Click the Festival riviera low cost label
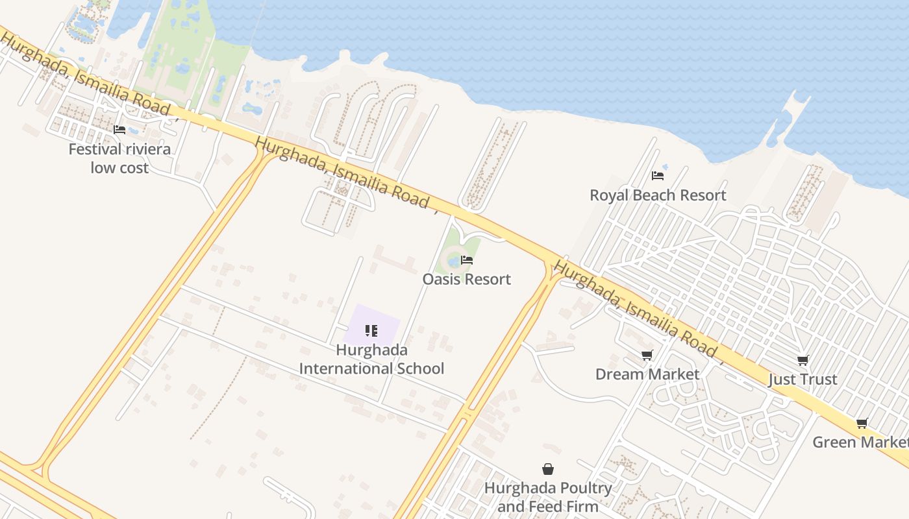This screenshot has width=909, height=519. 119,158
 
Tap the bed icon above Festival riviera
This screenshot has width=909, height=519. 119,130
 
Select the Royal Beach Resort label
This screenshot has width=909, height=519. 658,195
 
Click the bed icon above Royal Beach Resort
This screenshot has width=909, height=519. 658,176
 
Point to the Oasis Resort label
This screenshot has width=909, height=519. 467,280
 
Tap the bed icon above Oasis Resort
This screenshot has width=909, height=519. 467,261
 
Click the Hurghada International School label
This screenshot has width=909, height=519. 371,359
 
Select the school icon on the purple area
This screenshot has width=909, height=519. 371,332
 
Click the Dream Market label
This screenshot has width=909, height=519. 647,374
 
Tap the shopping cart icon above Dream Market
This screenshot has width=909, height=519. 647,356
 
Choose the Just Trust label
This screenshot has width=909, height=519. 803,380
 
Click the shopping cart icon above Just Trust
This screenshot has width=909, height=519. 803,361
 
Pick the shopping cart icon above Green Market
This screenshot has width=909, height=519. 862,424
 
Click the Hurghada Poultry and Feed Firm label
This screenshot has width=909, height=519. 548,497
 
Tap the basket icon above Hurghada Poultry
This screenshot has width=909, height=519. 548,469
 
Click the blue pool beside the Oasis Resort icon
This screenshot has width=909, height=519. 453,261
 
